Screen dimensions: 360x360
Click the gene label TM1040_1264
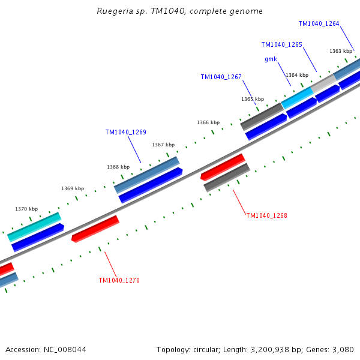pos(319,24)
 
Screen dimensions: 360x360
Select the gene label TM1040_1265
pos(281,45)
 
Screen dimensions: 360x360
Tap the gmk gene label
pos(271,59)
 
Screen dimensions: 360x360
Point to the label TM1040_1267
pos(221,77)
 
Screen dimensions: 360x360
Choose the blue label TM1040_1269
pos(125,133)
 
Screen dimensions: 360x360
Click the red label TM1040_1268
pos(266,215)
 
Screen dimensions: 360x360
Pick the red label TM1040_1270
pos(119,280)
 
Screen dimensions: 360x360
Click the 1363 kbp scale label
pos(341,52)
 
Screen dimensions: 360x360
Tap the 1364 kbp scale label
pos(297,76)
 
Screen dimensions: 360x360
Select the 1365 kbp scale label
pos(253,100)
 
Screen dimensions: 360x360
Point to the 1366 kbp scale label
pos(208,123)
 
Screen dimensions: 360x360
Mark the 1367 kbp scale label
pos(163,145)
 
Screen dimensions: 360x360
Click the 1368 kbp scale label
pos(118,167)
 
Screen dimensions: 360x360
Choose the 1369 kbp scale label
pos(73,189)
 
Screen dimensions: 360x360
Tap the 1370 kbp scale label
pos(26,209)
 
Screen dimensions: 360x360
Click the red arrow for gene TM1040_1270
pos(95,229)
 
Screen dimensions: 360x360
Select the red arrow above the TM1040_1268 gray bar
pos(223,167)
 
